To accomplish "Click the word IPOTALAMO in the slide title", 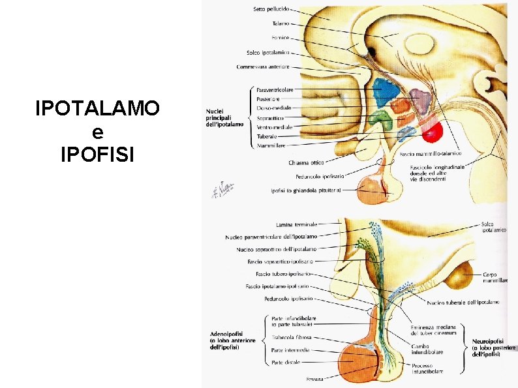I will point(97,108).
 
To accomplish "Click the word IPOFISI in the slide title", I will point(97,155).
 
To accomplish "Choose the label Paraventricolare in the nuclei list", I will point(275,89).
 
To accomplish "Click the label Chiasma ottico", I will point(307,163).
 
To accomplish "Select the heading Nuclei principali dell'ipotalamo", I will point(225,117).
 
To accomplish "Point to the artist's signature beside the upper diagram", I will point(222,188).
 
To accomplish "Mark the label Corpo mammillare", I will point(494,277).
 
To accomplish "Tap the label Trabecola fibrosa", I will point(292,338).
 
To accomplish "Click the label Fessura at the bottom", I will point(316,379).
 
